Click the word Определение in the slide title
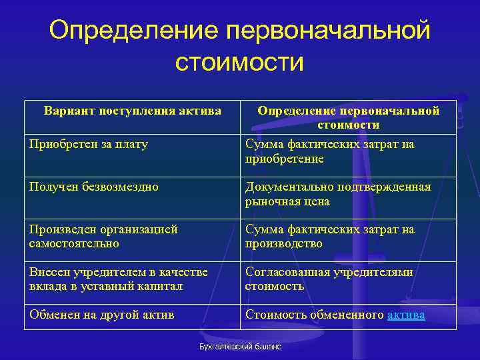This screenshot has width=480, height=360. (x=134, y=31)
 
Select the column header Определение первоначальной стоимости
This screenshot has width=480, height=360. (x=348, y=117)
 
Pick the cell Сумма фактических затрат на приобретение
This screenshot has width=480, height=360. (x=329, y=151)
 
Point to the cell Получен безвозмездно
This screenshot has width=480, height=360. (x=94, y=187)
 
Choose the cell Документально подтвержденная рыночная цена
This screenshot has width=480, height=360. (x=337, y=194)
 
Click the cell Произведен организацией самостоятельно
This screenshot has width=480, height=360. (x=103, y=237)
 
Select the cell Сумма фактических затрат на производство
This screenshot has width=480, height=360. (x=329, y=237)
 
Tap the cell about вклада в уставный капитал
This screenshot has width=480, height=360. (x=118, y=279)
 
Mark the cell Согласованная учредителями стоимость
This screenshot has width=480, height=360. (x=329, y=279)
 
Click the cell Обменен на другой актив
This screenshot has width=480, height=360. (x=101, y=315)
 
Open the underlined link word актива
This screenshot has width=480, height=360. (x=406, y=315)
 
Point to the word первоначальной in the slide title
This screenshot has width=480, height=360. (x=328, y=31)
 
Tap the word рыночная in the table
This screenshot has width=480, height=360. (x=273, y=201)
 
